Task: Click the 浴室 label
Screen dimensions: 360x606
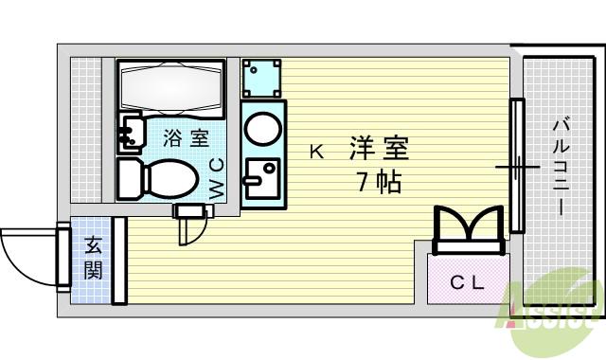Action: [x=186, y=138]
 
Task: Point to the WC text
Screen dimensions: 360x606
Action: [x=217, y=178]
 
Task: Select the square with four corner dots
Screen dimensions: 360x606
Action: [x=261, y=79]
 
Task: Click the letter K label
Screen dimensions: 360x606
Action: [x=316, y=151]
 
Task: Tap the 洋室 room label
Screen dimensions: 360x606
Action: [x=379, y=149]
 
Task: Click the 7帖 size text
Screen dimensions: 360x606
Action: [x=379, y=182]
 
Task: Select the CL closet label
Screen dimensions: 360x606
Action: [x=467, y=281]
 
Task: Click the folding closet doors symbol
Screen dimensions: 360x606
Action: [x=467, y=230]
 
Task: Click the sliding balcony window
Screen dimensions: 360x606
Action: [x=516, y=166]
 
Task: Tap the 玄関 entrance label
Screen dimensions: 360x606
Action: [x=95, y=258]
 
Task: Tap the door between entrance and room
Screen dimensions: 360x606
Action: [x=119, y=261]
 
